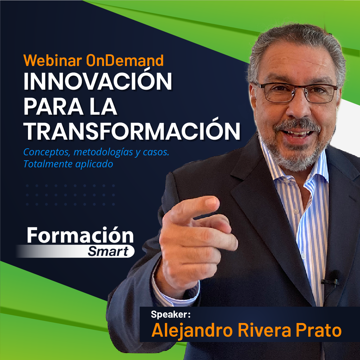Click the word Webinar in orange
click(53, 60)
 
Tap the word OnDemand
click(125, 60)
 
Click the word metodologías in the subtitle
click(103, 152)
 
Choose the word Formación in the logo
click(80, 235)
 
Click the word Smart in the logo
click(108, 251)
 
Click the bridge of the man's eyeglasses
click(299, 90)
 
